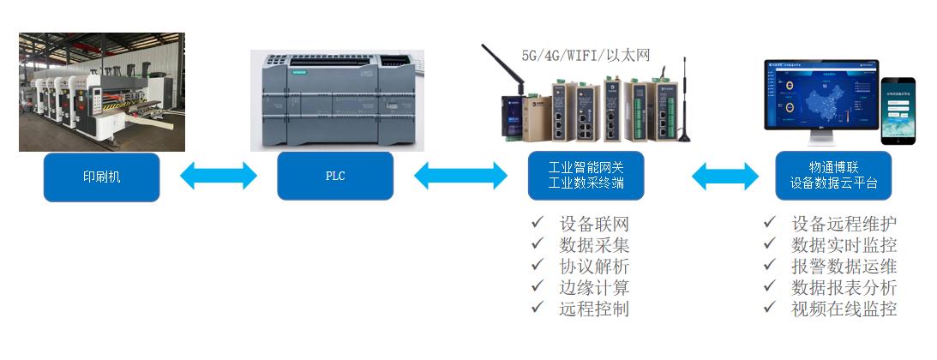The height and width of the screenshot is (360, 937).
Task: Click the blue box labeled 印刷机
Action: [101, 177]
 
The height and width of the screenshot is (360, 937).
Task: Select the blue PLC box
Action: [335, 177]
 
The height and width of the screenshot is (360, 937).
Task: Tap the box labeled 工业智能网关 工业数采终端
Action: [586, 176]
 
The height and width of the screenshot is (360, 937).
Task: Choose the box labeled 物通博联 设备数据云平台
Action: [833, 176]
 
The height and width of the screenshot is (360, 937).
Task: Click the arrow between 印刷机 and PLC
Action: [219, 176]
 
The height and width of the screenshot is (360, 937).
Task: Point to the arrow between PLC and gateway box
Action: [460, 176]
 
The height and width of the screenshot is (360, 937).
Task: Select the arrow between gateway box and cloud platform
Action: [724, 176]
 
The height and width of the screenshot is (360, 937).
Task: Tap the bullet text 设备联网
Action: [594, 225]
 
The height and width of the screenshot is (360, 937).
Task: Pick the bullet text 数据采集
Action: [594, 245]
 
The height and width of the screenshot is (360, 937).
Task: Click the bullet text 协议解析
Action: [594, 267]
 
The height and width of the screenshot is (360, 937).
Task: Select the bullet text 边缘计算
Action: [594, 288]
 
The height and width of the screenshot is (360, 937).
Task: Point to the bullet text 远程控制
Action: [594, 309]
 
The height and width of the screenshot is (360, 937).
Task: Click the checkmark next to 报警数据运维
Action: [771, 266]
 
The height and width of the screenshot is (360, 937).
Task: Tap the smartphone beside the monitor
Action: [898, 111]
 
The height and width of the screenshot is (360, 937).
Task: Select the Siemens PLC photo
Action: [335, 99]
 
